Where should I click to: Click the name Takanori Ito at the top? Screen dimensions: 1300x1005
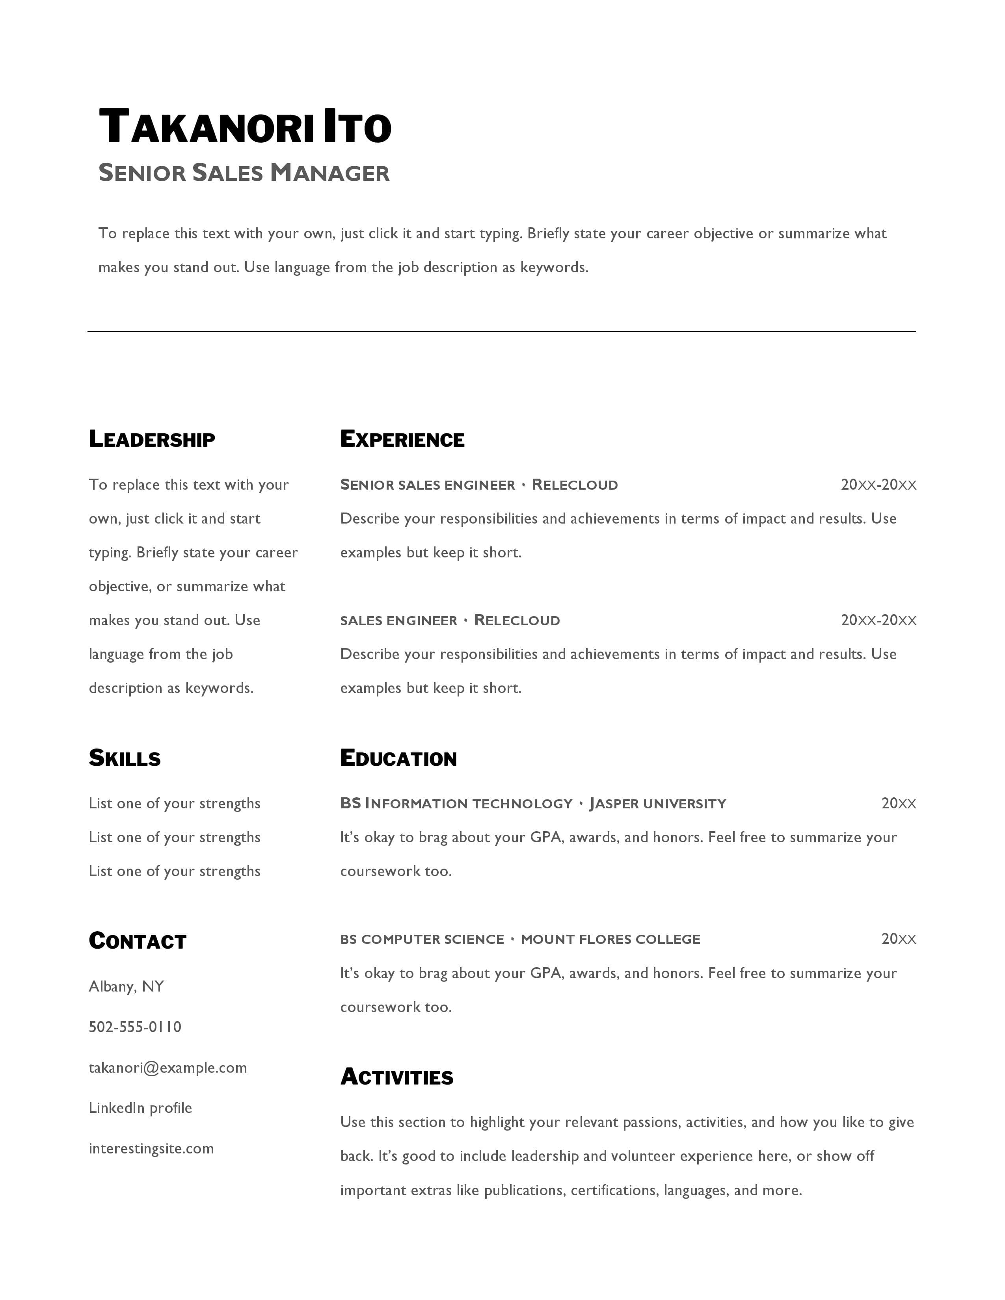tap(245, 126)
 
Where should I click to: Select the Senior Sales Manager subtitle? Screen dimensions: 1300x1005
tap(244, 173)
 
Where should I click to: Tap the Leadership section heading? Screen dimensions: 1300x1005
tap(152, 439)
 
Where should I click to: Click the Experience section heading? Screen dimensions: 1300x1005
tap(402, 439)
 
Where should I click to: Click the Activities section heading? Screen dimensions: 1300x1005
tap(396, 1077)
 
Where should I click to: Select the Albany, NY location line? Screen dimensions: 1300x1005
tap(126, 986)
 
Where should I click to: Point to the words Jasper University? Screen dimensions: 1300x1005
tap(657, 804)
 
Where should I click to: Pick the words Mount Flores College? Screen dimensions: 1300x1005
tap(610, 939)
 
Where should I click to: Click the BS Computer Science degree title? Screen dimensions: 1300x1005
tap(422, 939)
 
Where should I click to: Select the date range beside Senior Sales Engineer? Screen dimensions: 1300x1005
tap(878, 485)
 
